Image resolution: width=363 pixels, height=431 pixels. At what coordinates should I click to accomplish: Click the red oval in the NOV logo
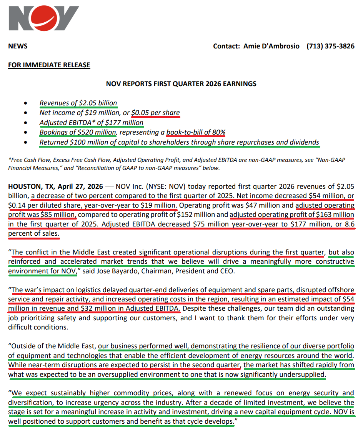38,18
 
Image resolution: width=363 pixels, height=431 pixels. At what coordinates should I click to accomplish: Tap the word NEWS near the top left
18,46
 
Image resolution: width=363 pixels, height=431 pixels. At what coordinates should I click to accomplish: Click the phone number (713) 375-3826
330,46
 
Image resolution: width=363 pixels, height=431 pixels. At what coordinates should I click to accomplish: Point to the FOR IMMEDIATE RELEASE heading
49,65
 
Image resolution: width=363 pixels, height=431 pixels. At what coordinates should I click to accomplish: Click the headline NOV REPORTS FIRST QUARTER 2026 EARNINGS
181,83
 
